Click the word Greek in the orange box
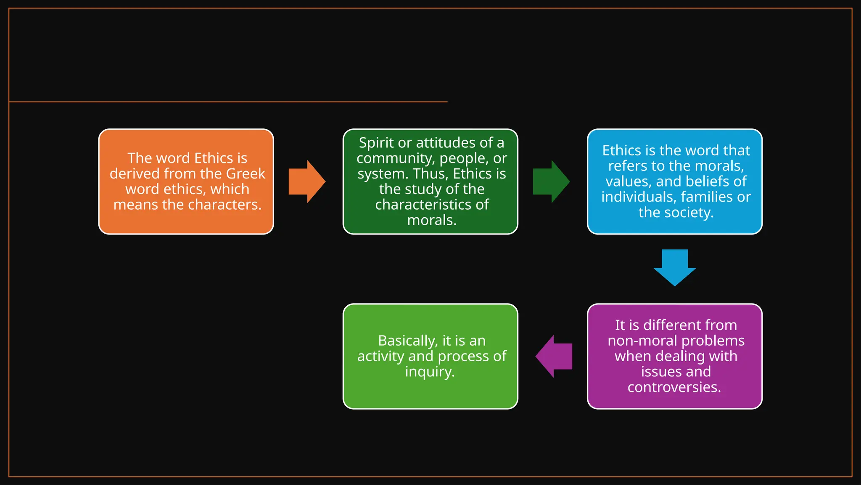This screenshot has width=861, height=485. [246, 173]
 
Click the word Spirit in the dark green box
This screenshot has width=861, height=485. [376, 143]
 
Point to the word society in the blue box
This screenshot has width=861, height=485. [689, 213]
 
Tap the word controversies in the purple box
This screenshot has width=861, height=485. [674, 387]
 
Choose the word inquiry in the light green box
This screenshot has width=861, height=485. [429, 372]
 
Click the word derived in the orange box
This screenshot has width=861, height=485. [135, 173]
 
